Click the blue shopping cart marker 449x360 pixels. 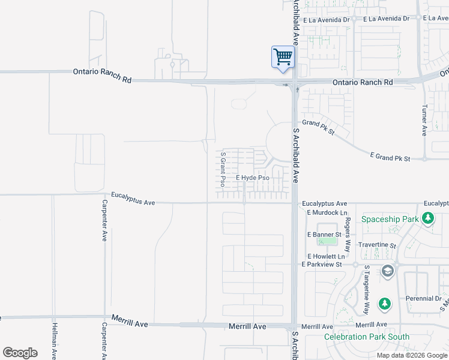pos(283,58)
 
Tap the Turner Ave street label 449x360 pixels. pos(424,121)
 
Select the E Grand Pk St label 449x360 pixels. pos(390,158)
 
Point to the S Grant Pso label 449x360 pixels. pos(223,169)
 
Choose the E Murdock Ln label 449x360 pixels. pos(327,212)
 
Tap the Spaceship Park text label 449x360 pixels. pos(390,219)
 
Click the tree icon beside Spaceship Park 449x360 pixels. pos(427,218)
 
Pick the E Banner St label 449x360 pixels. pos(324,234)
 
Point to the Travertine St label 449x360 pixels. pos(377,245)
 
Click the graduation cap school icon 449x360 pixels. pos(388,271)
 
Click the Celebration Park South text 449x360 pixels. pos(367,337)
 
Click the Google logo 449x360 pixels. pos(20,353)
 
